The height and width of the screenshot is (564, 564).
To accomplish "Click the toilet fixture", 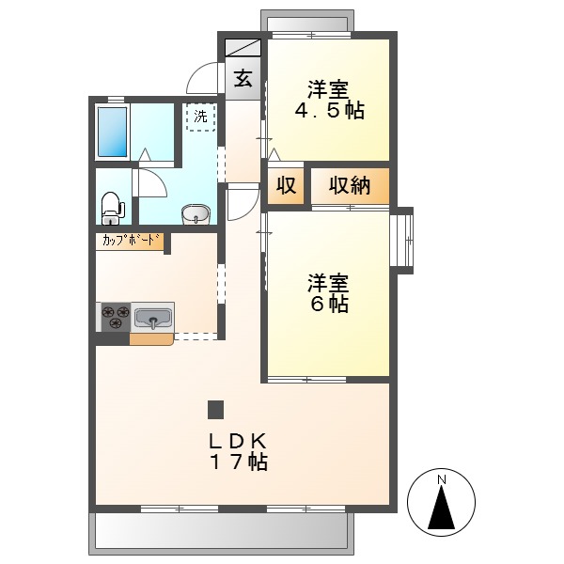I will [x=111, y=206].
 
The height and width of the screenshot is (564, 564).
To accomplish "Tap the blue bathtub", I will [x=113, y=132].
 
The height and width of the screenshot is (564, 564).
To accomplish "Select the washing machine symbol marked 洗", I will [x=199, y=117].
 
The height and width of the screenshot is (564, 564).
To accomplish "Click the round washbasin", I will [x=196, y=214].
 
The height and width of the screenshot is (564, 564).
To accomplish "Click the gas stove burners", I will [x=115, y=317].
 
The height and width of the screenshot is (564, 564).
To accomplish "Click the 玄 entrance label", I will [x=242, y=79].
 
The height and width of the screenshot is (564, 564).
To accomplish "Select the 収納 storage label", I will [x=350, y=185].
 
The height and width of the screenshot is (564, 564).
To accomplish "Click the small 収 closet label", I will [x=287, y=185].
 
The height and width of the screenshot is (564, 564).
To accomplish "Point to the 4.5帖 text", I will [x=330, y=111].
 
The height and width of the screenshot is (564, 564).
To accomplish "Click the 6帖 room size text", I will [x=329, y=305].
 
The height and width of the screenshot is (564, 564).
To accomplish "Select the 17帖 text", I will [x=239, y=462].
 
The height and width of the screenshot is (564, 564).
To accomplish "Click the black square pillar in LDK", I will [x=215, y=409].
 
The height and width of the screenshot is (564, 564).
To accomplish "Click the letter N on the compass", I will [x=442, y=481].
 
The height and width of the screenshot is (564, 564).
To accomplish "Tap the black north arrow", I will [x=442, y=510].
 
